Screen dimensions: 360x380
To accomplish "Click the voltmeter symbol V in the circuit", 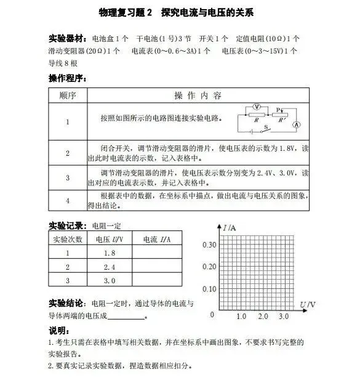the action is [x=257, y=106].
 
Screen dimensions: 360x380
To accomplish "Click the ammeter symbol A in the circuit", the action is [x=296, y=124].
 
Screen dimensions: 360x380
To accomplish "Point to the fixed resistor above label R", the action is [x=257, y=115].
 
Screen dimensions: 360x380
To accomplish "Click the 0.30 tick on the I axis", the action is [x=209, y=245].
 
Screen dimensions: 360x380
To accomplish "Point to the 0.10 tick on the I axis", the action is [x=209, y=289].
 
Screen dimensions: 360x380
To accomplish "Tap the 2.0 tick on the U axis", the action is [x=263, y=316].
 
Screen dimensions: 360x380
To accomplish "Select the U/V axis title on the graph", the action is [x=308, y=305].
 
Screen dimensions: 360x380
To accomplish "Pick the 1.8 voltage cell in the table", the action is [x=110, y=253].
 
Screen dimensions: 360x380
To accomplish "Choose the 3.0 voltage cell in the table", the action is [x=110, y=280].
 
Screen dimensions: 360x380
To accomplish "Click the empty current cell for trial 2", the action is [x=156, y=267].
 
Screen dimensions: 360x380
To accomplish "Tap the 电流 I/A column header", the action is [x=156, y=240].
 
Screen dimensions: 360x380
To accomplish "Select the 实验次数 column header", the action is [x=68, y=240].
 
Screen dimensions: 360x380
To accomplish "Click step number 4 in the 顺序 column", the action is [x=68, y=201].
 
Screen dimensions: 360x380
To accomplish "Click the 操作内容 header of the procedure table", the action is [x=198, y=96].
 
